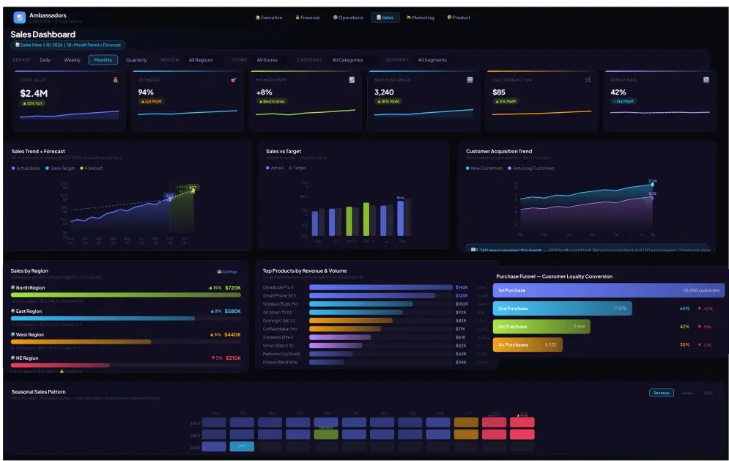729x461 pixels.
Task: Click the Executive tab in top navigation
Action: [x=268, y=18]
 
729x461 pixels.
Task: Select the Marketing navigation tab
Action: [x=421, y=18]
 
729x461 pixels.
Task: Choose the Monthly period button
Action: [x=103, y=60]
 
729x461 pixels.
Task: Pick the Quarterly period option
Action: [x=136, y=60]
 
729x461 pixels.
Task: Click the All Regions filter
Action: [x=201, y=60]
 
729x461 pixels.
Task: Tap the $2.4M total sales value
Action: [x=34, y=93]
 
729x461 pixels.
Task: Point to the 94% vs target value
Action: [x=146, y=92]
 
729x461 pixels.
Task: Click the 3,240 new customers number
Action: [x=384, y=92]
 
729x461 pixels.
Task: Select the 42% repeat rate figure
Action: [x=618, y=92]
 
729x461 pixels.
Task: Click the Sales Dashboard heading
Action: [x=43, y=34]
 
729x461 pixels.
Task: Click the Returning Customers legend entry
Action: [x=533, y=169]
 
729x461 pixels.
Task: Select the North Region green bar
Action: [x=125, y=295]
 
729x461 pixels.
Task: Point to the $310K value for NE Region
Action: [x=233, y=358]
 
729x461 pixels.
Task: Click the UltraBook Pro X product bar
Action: [x=380, y=287]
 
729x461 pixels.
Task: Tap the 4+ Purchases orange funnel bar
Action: [x=528, y=344]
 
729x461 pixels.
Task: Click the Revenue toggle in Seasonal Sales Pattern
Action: [x=661, y=393]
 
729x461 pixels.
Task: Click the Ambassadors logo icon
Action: [x=19, y=18]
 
